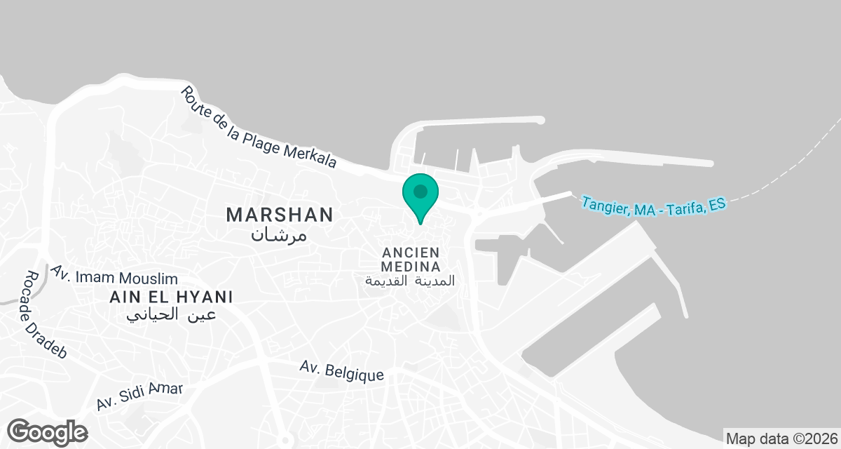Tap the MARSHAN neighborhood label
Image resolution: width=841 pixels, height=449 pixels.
pyautogui.click(x=279, y=215)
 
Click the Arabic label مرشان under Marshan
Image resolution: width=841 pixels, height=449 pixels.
pyautogui.click(x=279, y=234)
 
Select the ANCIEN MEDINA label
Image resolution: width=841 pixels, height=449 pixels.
pyautogui.click(x=411, y=260)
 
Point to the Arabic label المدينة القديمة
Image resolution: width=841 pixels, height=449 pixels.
pyautogui.click(x=410, y=281)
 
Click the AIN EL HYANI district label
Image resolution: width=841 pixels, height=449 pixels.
pyautogui.click(x=171, y=297)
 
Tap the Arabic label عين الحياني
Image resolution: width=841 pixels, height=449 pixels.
pyautogui.click(x=171, y=315)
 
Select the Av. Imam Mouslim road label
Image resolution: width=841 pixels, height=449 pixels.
pyautogui.click(x=114, y=275)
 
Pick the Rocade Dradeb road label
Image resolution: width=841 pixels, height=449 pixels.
pyautogui.click(x=44, y=316)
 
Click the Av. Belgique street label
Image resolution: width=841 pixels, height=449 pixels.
pyautogui.click(x=341, y=370)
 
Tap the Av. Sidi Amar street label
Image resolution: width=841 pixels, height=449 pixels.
pyautogui.click(x=139, y=396)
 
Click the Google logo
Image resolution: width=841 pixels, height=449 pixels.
pyautogui.click(x=48, y=431)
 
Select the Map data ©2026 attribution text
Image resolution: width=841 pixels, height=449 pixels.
pyautogui.click(x=781, y=439)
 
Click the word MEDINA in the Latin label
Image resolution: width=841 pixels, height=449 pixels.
pyautogui.click(x=411, y=267)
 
